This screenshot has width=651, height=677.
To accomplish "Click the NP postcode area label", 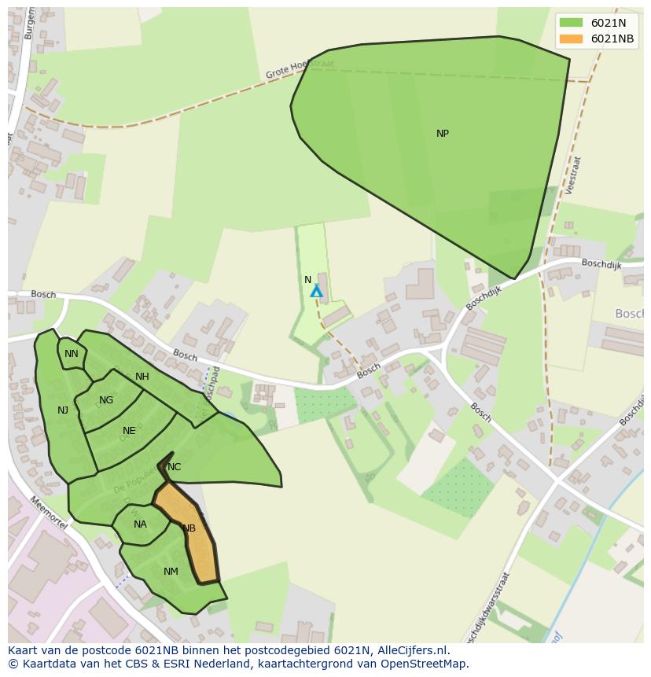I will (x=443, y=134).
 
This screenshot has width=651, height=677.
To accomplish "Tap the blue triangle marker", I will (x=316, y=292).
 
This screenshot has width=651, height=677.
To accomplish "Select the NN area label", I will (x=72, y=354).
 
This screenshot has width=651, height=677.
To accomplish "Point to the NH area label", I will (x=142, y=377).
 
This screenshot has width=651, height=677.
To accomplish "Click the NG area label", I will (x=106, y=400).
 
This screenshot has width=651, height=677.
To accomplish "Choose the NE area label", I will (x=129, y=431).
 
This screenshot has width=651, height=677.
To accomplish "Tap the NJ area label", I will (x=63, y=410).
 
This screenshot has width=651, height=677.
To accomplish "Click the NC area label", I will (x=175, y=467).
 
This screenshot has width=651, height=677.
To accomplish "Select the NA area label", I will (x=140, y=524).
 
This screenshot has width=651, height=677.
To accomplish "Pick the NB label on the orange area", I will (x=189, y=528).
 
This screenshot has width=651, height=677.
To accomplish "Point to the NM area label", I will (x=171, y=572).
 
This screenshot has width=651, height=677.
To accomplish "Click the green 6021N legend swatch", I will (x=571, y=23).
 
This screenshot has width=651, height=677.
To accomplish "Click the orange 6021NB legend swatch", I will (x=571, y=39).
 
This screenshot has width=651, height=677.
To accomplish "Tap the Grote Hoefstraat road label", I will (x=300, y=69).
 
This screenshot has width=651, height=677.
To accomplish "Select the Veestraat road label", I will (x=572, y=175).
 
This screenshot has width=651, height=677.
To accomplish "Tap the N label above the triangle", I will (x=308, y=280).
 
